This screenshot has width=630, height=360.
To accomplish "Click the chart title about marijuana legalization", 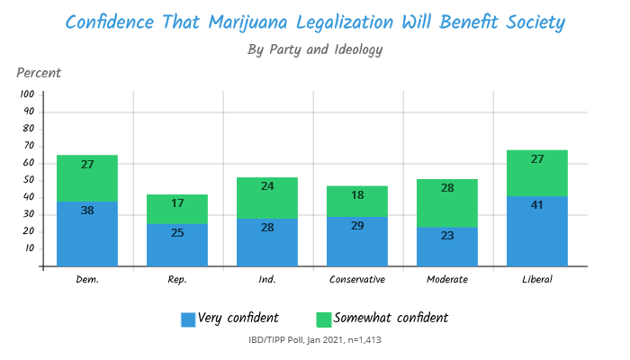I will [x=315, y=21].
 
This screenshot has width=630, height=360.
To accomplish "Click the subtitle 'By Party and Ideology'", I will [x=315, y=49].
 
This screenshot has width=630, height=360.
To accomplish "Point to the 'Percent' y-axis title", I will [x=39, y=72].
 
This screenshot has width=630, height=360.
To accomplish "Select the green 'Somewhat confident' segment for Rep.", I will [x=177, y=209].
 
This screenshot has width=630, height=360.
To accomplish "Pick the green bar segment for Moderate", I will [x=447, y=202].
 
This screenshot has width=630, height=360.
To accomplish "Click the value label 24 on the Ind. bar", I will [x=267, y=187].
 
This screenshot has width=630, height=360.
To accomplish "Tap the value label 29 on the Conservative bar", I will [x=357, y=225].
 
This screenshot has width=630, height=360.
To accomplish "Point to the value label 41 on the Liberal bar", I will [x=537, y=204].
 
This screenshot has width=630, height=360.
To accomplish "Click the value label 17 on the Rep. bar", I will [x=177, y=203].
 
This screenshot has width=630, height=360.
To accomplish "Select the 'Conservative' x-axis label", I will [x=357, y=279].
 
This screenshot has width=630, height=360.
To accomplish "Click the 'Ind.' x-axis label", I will [x=267, y=279].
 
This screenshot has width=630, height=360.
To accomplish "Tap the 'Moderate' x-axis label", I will [x=447, y=279].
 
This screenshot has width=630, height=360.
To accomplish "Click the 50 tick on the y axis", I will [x=29, y=181].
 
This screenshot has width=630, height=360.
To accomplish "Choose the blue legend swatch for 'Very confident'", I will [x=188, y=319].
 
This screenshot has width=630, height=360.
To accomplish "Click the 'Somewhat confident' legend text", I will [x=391, y=318].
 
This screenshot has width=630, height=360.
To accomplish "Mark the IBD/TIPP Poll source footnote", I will [x=315, y=340].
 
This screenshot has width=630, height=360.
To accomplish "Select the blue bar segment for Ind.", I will [x=267, y=243].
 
